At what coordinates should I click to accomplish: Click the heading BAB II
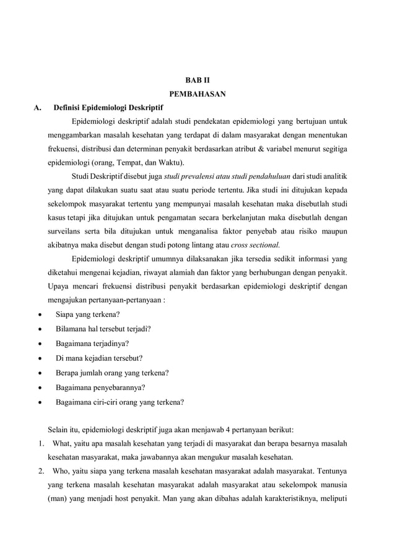point(197,81)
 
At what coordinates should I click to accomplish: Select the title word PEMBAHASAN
point(197,95)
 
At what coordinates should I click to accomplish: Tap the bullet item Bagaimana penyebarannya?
point(100,388)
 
